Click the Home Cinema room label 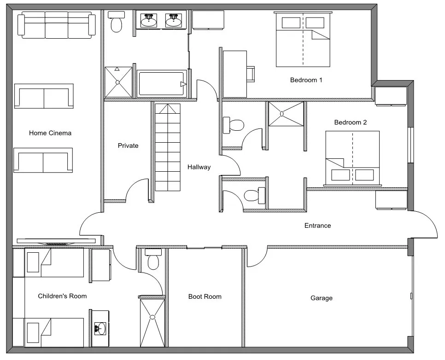click(x=50, y=133)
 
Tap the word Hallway click(x=199, y=167)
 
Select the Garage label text click(x=321, y=298)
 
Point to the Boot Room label click(x=205, y=296)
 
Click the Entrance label click(x=317, y=226)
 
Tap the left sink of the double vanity click(x=148, y=21)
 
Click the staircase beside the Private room click(x=167, y=147)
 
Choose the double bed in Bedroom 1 click(x=303, y=40)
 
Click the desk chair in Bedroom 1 click(x=251, y=74)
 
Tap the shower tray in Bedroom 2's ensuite click(x=286, y=114)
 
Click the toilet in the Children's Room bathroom click(x=153, y=260)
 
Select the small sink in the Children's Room click(x=100, y=328)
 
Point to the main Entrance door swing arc click(x=426, y=223)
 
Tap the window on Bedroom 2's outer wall click(x=410, y=145)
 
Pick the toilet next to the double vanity click(x=116, y=23)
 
